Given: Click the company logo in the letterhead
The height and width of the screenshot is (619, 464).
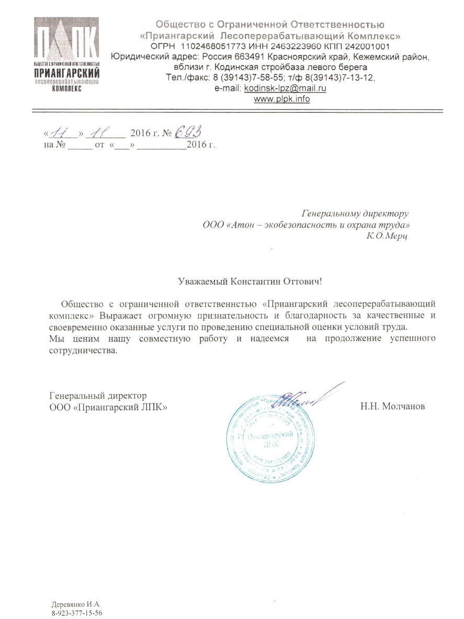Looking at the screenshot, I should (x=66, y=54).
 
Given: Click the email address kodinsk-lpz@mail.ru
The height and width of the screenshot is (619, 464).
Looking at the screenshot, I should (x=285, y=88).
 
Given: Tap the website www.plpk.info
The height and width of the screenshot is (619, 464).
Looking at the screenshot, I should (x=281, y=99).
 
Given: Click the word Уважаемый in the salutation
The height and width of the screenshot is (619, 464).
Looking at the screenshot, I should (x=200, y=281).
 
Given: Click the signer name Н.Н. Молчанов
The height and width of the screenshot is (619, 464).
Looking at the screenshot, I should (x=392, y=406).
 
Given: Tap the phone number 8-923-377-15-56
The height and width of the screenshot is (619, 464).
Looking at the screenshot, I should (x=77, y=612).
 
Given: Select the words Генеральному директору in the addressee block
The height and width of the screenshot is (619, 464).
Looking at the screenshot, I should (x=355, y=213).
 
